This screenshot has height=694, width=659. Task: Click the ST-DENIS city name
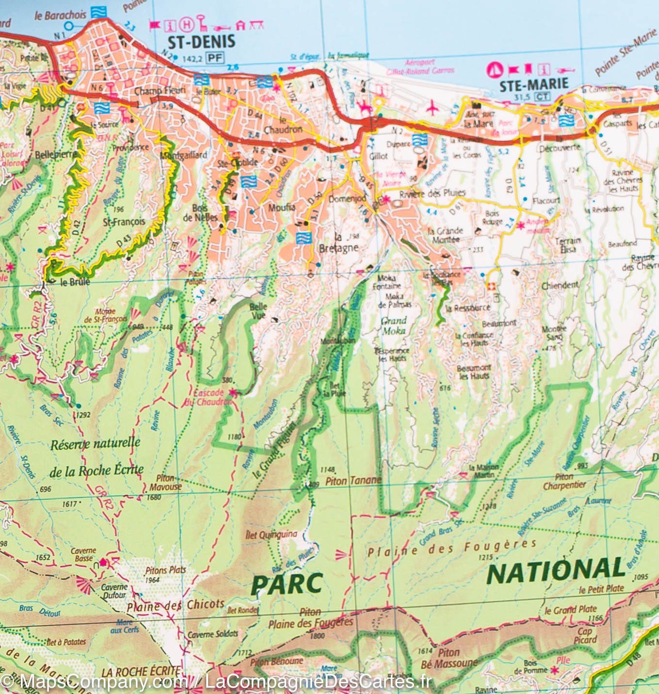pyautogui.click(x=200, y=41)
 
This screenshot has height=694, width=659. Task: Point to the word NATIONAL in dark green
pyautogui.click(x=555, y=572)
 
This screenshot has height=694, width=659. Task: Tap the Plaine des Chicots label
pyautogui.click(x=175, y=605)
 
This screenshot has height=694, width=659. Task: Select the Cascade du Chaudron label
pyautogui.click(x=209, y=397)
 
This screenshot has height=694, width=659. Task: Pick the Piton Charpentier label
pyautogui.click(x=564, y=481)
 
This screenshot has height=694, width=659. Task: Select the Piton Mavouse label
pyautogui.click(x=165, y=482)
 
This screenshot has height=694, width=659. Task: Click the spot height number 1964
pyautogui.click(x=152, y=579)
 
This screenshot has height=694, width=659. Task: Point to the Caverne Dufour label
pyautogui.click(x=114, y=591)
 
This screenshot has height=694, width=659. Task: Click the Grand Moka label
pyautogui.click(x=393, y=325)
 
